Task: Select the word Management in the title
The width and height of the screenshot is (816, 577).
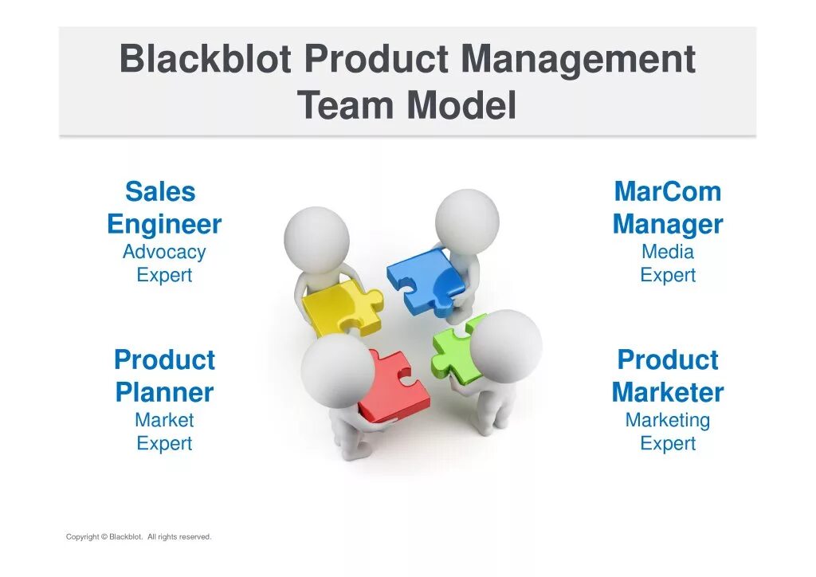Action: point(579,60)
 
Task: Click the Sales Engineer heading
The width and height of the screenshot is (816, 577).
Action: point(164,208)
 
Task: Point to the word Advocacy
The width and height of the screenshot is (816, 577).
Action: point(164,252)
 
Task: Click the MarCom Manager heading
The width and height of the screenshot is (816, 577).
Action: point(668,208)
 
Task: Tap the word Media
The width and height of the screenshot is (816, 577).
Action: point(668,252)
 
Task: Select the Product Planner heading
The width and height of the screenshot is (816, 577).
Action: point(164,376)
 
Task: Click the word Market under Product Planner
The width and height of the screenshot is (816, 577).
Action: point(164,420)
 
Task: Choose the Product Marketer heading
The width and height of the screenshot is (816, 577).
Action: point(668,376)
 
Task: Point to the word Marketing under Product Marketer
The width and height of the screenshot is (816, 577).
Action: point(668,420)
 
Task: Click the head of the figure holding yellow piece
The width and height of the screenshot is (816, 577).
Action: point(316,239)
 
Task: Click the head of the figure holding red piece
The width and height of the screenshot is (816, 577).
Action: point(338,370)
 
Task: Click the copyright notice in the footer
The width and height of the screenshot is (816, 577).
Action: point(139,537)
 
